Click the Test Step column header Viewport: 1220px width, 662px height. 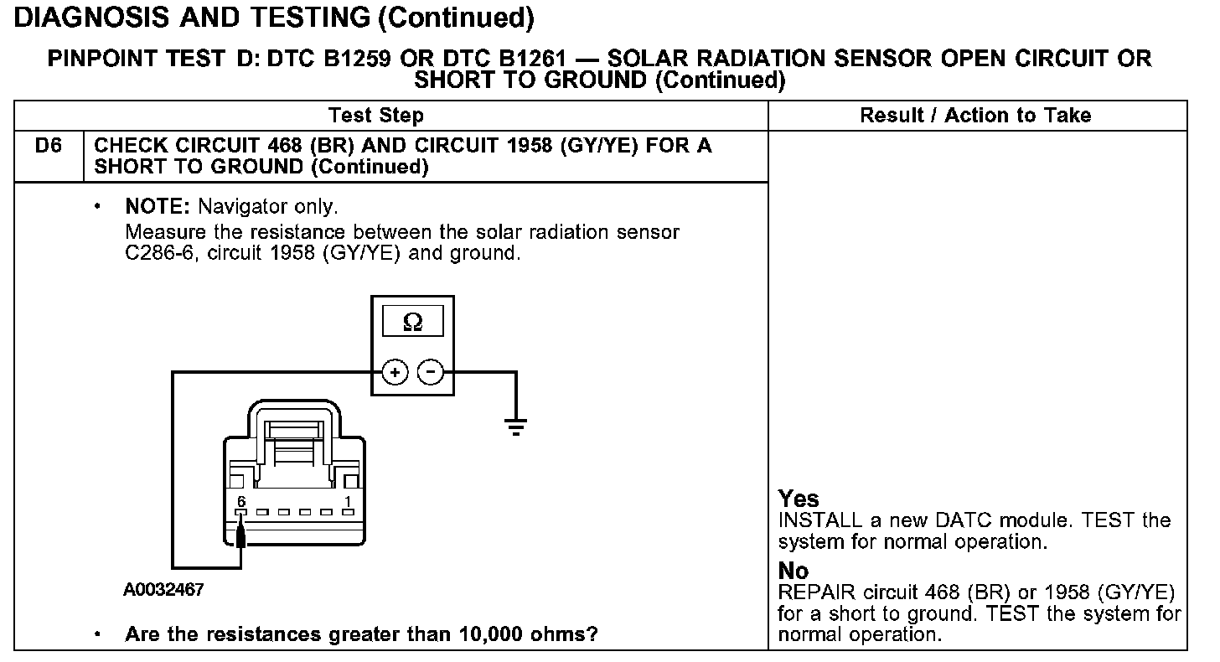point(375,116)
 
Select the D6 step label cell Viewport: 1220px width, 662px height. point(49,146)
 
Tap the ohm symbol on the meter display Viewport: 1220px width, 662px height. point(412,322)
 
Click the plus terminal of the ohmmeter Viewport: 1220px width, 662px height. point(395,371)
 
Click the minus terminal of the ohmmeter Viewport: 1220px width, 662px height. point(431,371)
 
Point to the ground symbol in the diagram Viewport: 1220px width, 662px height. point(516,427)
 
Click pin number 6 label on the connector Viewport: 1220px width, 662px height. point(240,501)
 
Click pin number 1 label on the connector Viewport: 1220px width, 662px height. point(348,501)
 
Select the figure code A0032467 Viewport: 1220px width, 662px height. point(163,590)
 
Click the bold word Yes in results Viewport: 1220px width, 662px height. point(799,499)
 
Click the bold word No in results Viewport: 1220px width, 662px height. point(794,571)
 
